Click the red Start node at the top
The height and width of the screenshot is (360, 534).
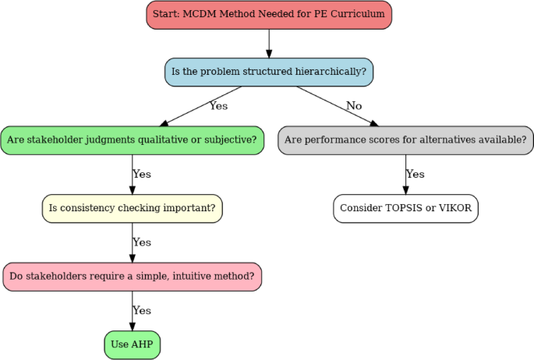point(269,15)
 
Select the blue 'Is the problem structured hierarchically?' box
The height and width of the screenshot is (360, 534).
point(269,72)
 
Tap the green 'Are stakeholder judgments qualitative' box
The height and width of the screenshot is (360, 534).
point(132,140)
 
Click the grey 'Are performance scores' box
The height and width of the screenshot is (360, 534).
point(405,140)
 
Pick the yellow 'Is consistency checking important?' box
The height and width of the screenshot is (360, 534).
point(132,208)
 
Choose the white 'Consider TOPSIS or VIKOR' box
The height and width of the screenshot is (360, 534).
point(405,208)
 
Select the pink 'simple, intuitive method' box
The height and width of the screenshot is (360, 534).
point(132,277)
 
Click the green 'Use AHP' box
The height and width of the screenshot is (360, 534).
point(132,344)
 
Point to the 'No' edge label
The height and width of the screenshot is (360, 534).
point(354,106)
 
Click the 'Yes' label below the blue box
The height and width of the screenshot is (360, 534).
point(217,106)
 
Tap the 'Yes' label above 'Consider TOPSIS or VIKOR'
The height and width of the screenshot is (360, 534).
point(416,175)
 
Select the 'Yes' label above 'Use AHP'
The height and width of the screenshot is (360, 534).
point(142,311)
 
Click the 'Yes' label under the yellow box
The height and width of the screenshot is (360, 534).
point(142,242)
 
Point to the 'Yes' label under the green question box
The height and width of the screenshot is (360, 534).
point(142,175)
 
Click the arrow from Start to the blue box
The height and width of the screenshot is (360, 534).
point(269,43)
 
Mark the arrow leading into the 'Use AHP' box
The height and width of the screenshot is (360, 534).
point(132,316)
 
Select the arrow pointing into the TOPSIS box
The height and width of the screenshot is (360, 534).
point(405,179)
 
